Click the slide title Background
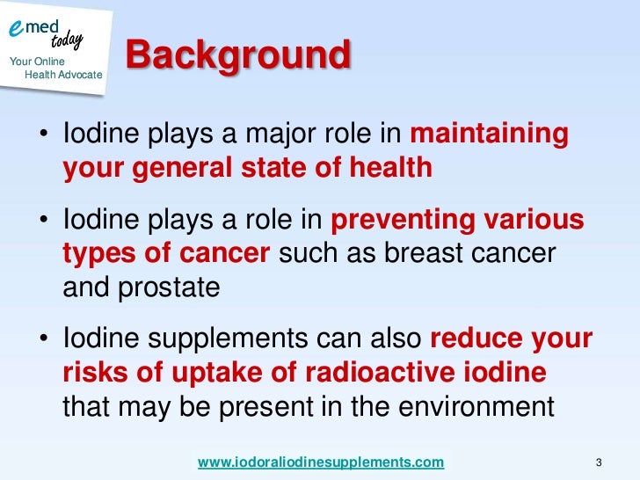238,56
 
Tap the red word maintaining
490,135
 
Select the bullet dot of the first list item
43,137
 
